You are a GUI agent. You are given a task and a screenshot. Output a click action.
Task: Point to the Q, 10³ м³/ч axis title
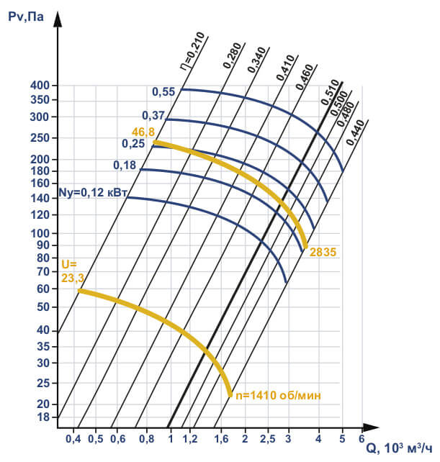(399, 448)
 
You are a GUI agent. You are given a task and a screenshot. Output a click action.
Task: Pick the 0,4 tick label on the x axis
(73, 438)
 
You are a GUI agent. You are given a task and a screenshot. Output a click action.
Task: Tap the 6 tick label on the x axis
(362, 438)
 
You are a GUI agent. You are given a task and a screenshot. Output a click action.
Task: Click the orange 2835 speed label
(323, 252)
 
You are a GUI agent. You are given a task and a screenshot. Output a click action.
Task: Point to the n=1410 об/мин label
(275, 395)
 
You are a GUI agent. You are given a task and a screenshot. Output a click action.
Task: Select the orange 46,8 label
(143, 132)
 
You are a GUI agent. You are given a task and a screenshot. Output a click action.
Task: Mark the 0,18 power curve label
(125, 166)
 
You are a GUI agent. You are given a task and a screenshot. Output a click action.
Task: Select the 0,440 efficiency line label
(354, 132)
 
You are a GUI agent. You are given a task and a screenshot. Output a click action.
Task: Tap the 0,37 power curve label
(153, 115)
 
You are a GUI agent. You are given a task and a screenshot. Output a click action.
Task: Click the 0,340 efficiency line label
(256, 60)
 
